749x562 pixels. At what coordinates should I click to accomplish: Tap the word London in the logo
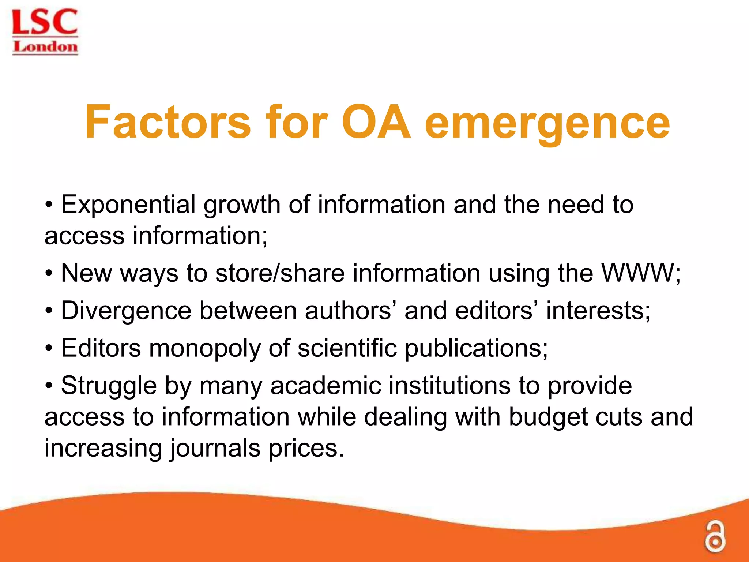pos(45,47)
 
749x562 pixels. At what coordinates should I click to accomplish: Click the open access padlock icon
pos(715,537)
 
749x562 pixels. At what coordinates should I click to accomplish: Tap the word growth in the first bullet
pos(242,205)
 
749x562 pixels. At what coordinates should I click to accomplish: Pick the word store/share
pos(280,273)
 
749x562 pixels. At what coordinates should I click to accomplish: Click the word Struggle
pos(109,386)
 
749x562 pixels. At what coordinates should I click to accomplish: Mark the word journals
pos(215,449)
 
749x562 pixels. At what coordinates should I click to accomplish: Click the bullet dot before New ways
pos(49,273)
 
